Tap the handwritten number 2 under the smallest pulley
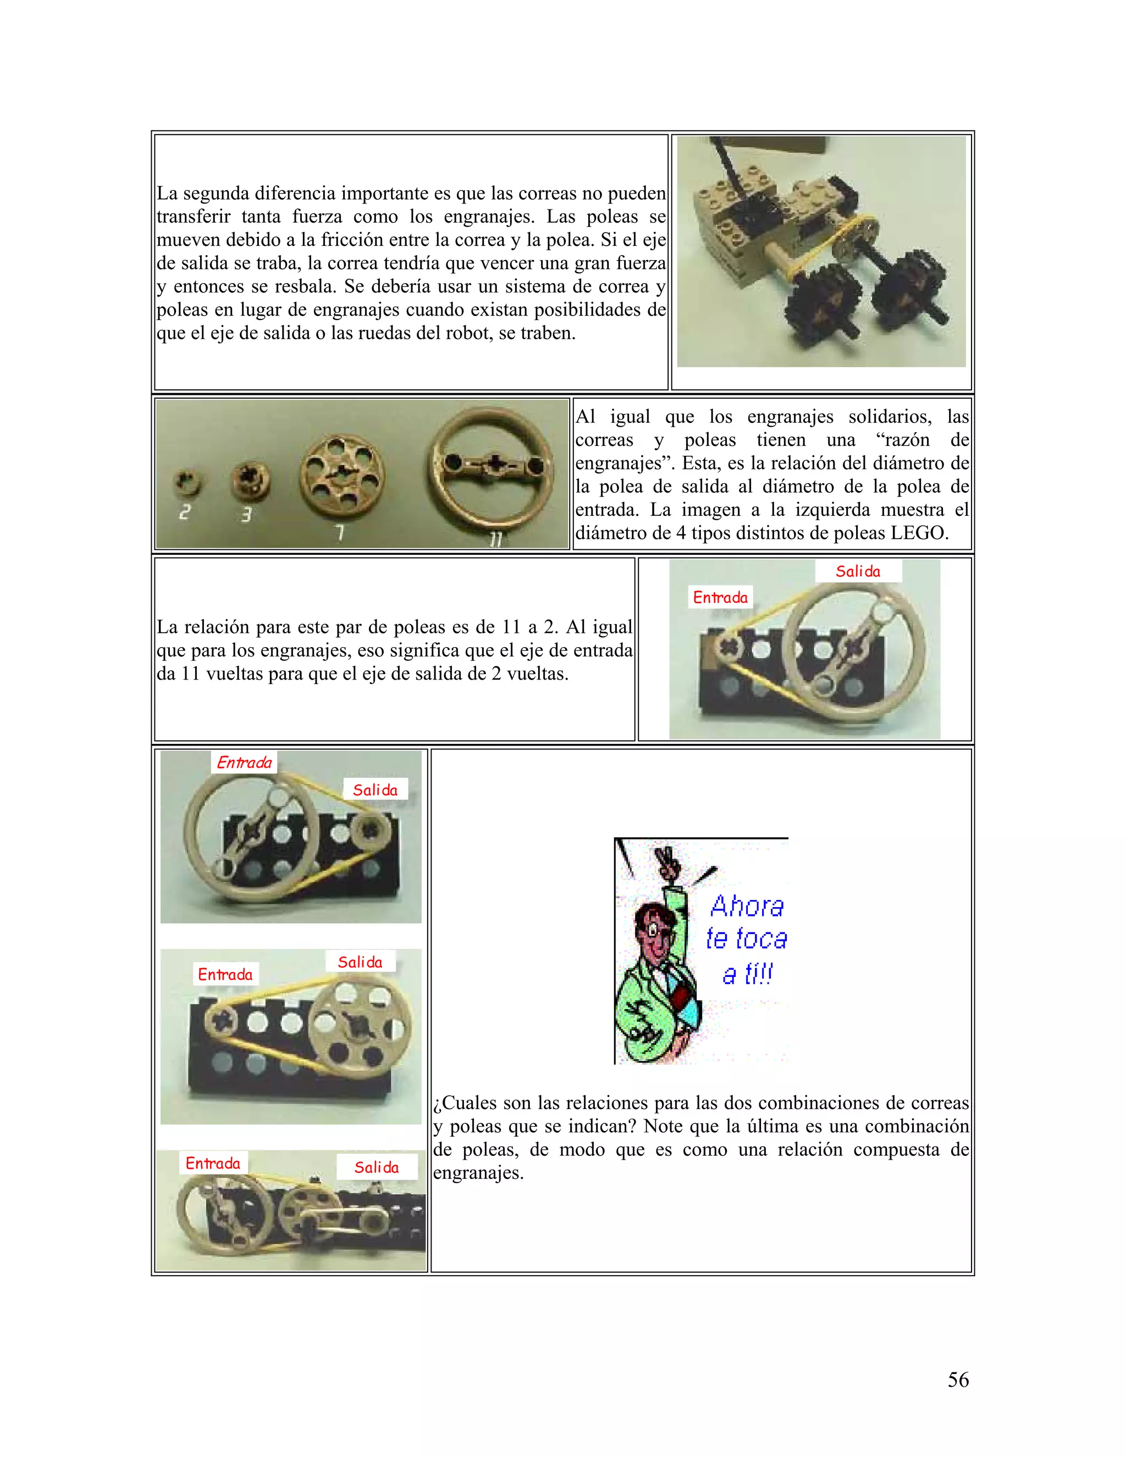coord(185,512)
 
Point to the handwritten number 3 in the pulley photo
coord(246,515)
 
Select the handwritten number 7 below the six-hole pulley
coord(340,532)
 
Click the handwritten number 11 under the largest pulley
coord(495,539)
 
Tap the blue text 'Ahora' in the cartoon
coord(747,906)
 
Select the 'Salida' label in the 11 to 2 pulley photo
coord(858,571)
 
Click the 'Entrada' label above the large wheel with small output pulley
coord(244,763)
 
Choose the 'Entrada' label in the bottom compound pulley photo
coord(213,1163)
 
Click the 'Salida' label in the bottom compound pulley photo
coord(376,1167)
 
